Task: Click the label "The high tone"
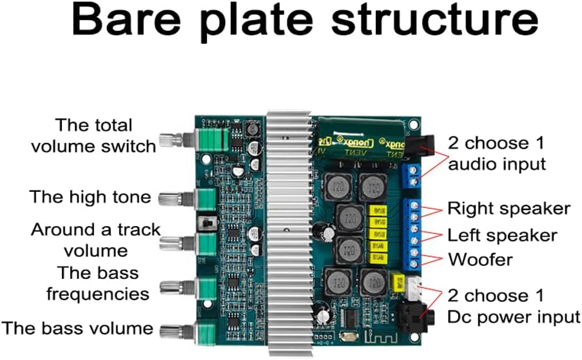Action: click(x=90, y=196)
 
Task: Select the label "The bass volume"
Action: click(x=77, y=328)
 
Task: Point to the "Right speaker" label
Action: click(x=509, y=209)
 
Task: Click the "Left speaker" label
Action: click(x=502, y=234)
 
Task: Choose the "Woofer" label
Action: click(x=480, y=260)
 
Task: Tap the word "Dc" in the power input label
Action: click(x=462, y=317)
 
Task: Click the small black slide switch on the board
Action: click(x=208, y=223)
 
